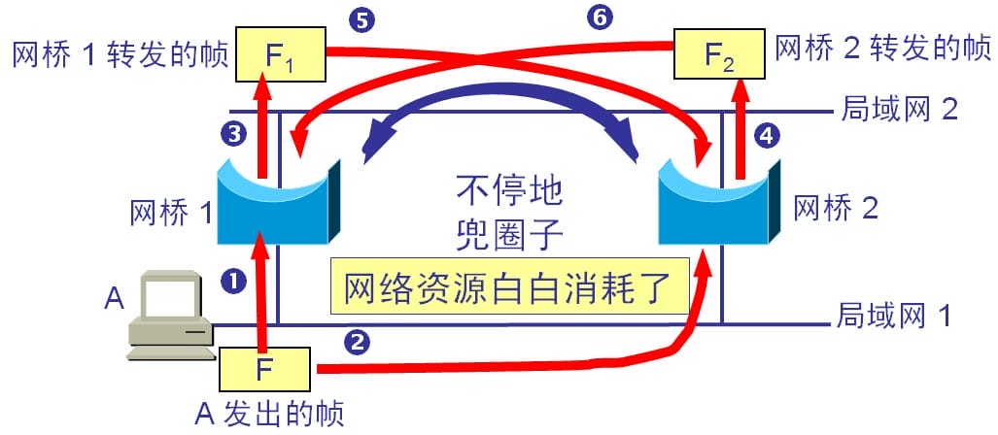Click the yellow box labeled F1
[x=281, y=54]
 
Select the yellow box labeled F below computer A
[x=264, y=370]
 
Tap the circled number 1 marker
[x=233, y=281]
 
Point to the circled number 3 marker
[x=232, y=134]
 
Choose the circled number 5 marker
[x=361, y=19]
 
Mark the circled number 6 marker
[x=599, y=19]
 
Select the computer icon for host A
[x=170, y=316]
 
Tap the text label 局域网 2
[x=899, y=109]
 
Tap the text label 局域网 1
[x=894, y=315]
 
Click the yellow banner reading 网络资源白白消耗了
[x=510, y=285]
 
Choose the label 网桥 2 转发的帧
[x=882, y=49]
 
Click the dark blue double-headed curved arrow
[x=500, y=96]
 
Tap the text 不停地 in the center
[x=510, y=192]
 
